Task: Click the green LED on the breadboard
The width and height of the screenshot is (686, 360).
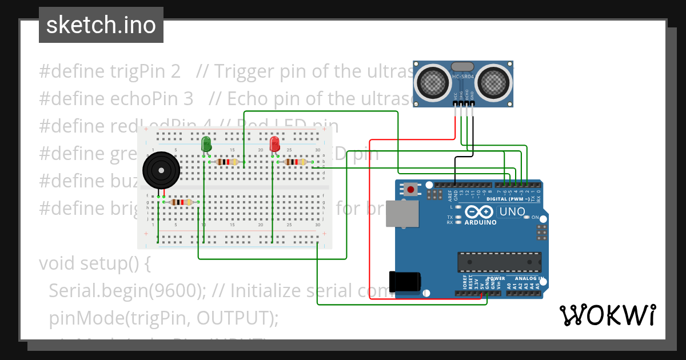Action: click(x=206, y=144)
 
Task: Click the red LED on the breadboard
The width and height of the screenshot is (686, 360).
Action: click(x=274, y=143)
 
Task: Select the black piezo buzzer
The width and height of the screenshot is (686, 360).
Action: click(x=161, y=170)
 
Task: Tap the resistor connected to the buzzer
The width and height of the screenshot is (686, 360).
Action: click(x=181, y=202)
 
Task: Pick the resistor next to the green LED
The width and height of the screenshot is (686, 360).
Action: click(x=227, y=162)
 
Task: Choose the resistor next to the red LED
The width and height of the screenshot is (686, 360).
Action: click(x=295, y=162)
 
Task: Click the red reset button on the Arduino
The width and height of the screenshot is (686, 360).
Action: click(x=410, y=188)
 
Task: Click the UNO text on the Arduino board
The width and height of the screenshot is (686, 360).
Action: click(x=512, y=212)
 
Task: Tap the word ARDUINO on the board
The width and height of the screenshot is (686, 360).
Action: click(x=480, y=222)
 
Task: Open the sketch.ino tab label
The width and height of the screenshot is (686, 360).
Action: click(x=101, y=25)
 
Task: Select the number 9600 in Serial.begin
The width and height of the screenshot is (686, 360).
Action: click(x=176, y=291)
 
